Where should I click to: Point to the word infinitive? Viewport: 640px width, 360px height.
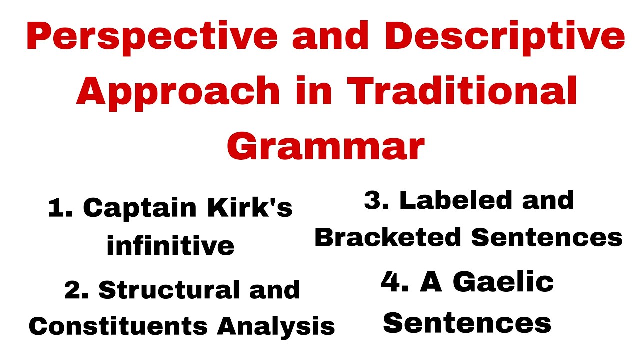point(170,245)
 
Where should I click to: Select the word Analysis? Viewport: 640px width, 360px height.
point(276,326)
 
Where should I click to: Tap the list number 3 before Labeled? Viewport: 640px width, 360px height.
point(375,200)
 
